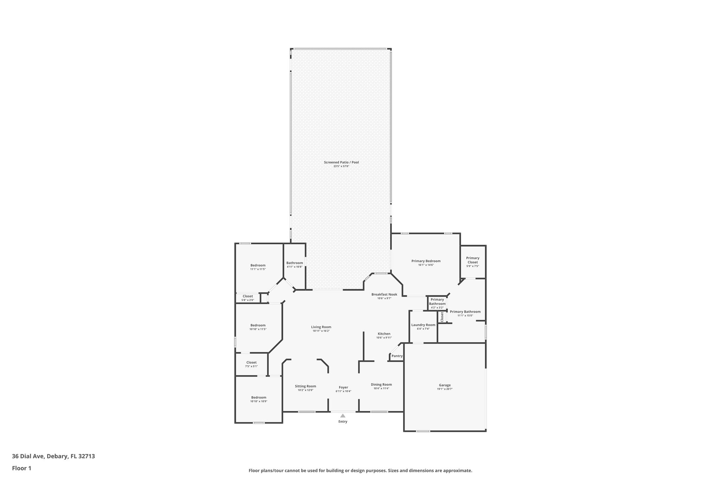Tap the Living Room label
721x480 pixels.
pos(321,327)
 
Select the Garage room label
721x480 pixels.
pos(445,385)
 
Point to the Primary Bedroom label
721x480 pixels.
pos(426,261)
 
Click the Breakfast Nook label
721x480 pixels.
pos(384,294)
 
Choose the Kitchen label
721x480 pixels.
pos(384,334)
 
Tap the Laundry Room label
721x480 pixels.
pos(423,325)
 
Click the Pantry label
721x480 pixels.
pos(397,356)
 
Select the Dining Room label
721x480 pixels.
pos(381,384)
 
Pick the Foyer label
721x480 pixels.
pos(343,387)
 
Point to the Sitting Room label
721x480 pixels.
pos(305,386)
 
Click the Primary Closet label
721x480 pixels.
pos(472,260)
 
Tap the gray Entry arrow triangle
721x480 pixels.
pos(343,416)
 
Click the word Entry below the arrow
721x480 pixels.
pos(343,422)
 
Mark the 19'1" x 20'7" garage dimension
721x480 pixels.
pos(445,389)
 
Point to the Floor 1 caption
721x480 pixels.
pos(21,468)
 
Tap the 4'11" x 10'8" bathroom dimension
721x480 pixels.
pos(294,267)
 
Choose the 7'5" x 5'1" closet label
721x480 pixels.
pos(251,366)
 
